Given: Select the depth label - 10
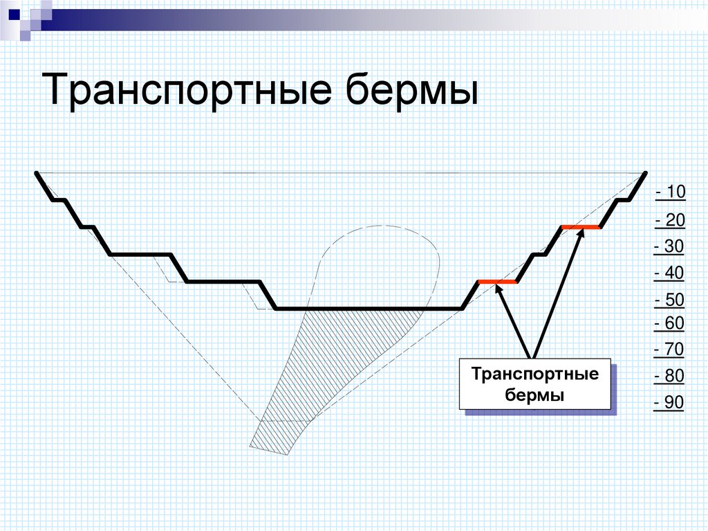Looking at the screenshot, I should point(669,192).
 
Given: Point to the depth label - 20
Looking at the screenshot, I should point(669,221).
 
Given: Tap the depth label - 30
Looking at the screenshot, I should point(669,247).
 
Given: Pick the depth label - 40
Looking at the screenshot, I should point(669,273).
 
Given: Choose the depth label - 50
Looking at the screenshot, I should point(669,300).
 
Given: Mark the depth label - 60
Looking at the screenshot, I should point(669,323).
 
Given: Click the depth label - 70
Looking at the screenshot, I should point(669,350).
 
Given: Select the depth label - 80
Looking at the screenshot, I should point(669,377).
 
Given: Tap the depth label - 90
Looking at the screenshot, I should point(669,403).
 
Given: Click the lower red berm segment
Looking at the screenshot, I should point(497,282).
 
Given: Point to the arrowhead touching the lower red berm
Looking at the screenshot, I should point(499,289).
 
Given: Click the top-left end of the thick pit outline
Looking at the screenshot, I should point(37,173).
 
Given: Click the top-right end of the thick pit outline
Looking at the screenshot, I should point(645,173).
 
